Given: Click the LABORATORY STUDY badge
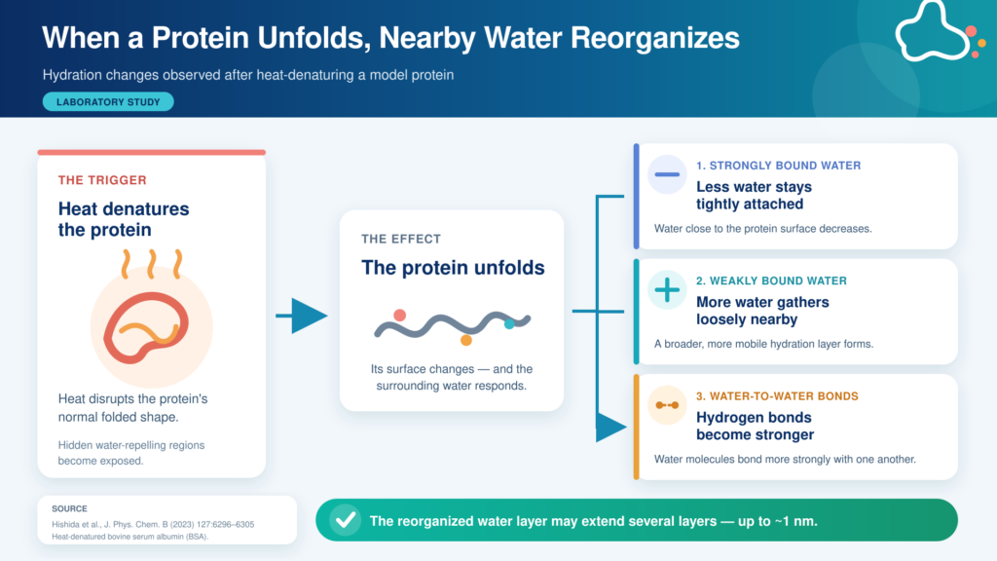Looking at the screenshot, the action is (x=108, y=101).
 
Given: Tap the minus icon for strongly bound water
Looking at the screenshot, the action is (x=667, y=174).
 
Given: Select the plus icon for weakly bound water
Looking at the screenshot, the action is (x=667, y=290).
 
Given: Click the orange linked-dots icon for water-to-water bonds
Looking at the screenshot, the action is (x=667, y=405).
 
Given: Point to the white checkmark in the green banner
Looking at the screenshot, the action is (x=346, y=520).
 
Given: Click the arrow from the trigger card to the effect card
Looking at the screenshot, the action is (x=302, y=316).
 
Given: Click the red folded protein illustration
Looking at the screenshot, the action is (x=146, y=327).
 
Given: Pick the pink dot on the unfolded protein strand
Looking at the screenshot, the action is (x=399, y=315).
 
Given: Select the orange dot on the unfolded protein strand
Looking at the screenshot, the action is (x=466, y=340).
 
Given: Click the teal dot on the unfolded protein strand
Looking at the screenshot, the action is (x=509, y=324).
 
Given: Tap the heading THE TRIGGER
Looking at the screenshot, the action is (x=102, y=180).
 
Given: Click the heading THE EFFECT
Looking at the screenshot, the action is (x=401, y=240).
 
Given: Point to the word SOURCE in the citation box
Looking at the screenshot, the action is (x=69, y=508).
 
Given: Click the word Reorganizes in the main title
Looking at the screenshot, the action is (x=655, y=38).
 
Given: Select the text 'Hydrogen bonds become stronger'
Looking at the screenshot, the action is (x=755, y=427).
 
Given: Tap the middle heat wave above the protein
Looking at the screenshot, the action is (x=151, y=264).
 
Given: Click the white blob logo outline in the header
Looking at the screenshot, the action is (x=931, y=32).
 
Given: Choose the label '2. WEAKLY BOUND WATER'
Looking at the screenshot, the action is (x=771, y=281).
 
